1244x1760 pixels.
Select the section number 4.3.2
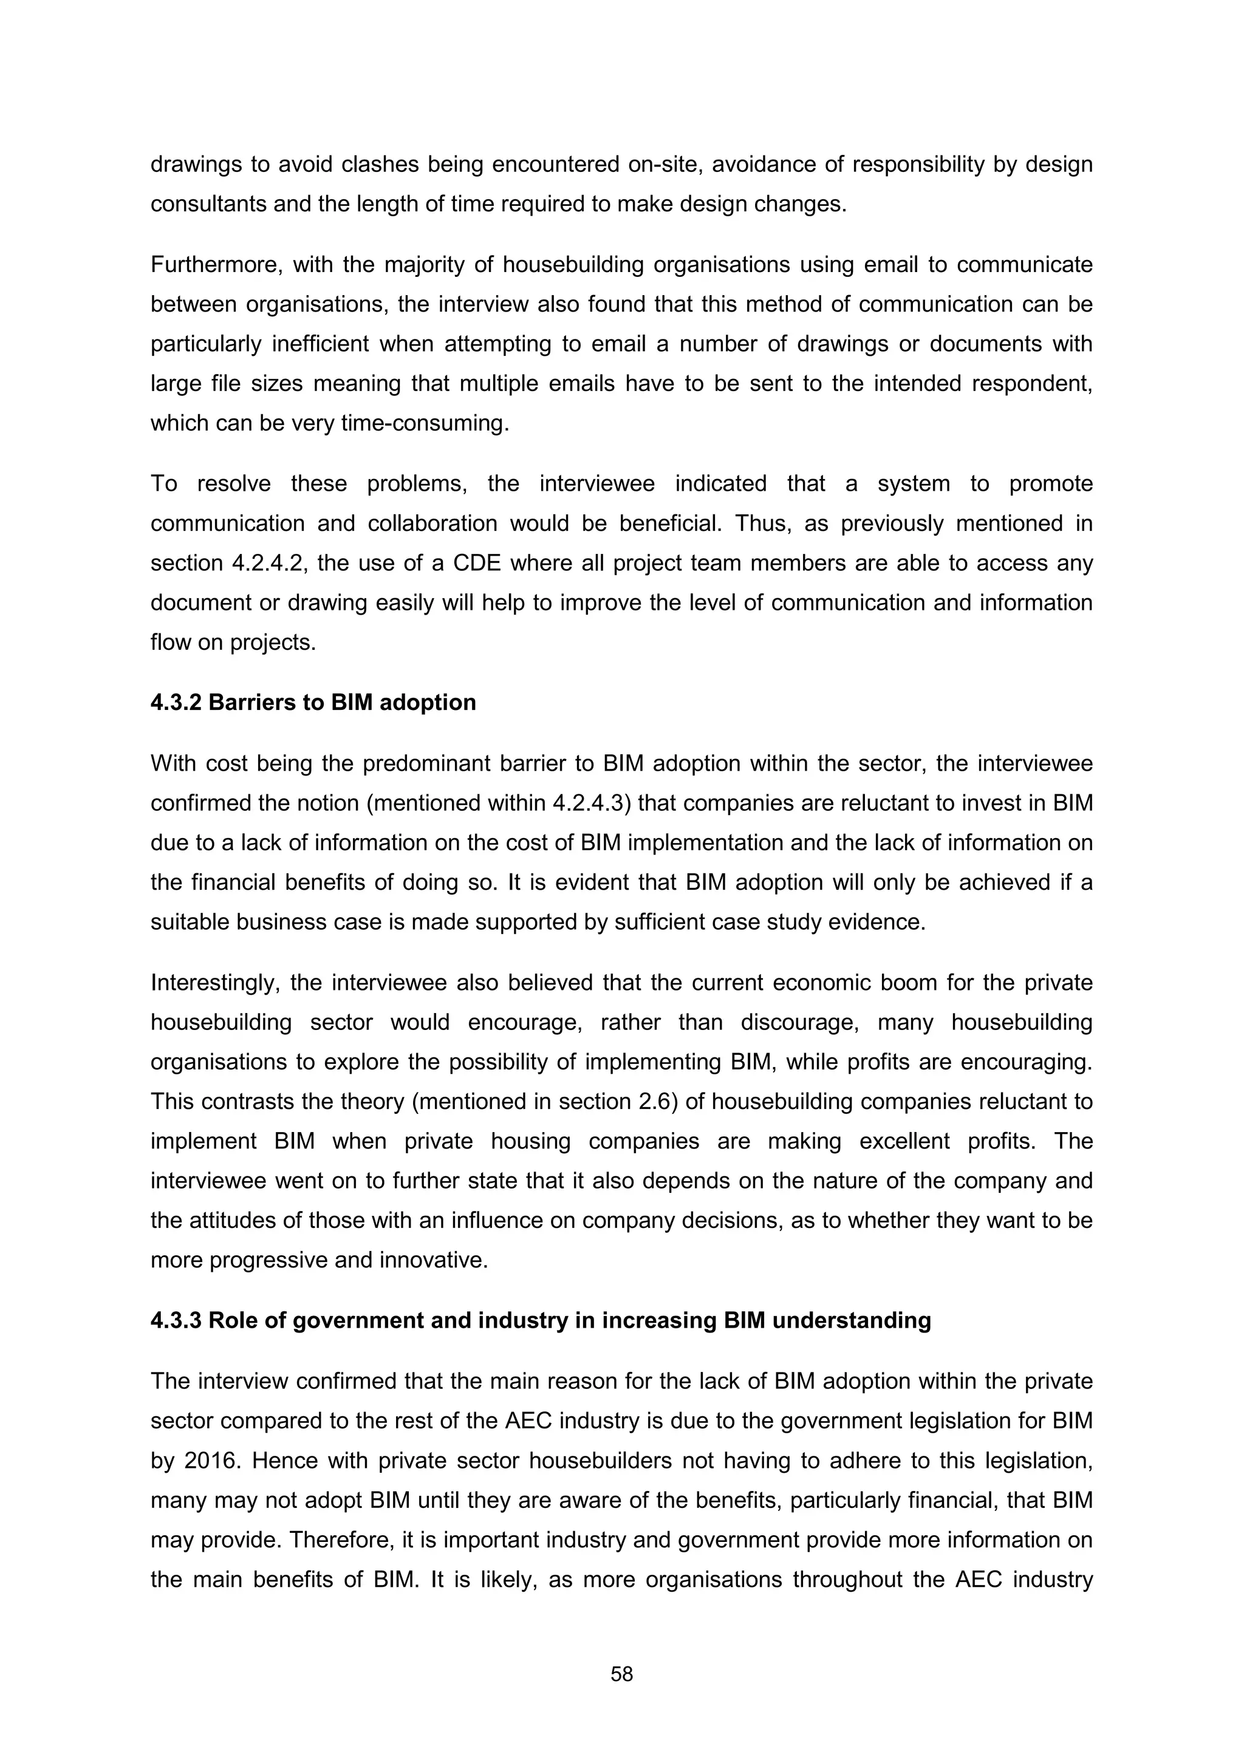point(176,702)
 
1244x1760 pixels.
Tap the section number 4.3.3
point(176,1320)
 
